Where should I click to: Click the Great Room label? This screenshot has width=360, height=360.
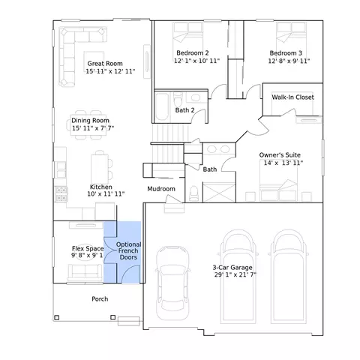(x=105, y=64)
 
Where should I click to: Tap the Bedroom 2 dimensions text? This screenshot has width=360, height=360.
(x=196, y=61)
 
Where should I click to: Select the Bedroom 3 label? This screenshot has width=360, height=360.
(x=286, y=53)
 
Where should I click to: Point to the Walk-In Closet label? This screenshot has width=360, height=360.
(x=292, y=97)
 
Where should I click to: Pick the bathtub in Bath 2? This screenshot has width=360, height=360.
(x=162, y=107)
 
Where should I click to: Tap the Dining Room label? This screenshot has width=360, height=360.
(x=90, y=120)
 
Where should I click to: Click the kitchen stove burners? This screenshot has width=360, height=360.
(x=61, y=194)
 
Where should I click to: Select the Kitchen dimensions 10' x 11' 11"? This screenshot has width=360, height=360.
(x=106, y=193)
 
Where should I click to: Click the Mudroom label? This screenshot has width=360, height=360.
(x=161, y=189)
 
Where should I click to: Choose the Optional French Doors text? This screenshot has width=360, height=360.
(x=128, y=250)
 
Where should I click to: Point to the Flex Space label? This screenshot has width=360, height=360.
(x=88, y=248)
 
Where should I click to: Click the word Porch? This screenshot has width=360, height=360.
(x=100, y=299)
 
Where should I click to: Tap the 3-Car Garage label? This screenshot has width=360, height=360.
(x=232, y=268)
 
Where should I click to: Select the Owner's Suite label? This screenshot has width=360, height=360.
(x=280, y=155)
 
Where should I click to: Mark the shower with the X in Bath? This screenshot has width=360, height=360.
(x=219, y=193)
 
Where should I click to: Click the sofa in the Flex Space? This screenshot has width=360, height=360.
(x=85, y=272)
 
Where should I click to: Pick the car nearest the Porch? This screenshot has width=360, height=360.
(x=172, y=283)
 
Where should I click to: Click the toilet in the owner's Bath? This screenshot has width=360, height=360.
(x=194, y=193)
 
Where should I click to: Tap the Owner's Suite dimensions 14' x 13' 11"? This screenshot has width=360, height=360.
(x=283, y=163)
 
